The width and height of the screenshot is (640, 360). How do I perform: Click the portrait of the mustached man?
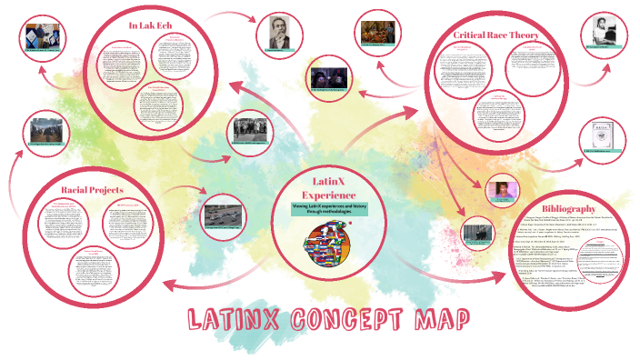(278, 35)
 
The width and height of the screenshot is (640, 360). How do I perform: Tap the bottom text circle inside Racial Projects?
(98, 269)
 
